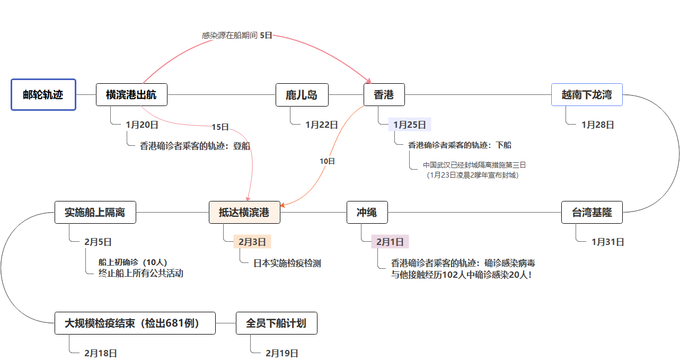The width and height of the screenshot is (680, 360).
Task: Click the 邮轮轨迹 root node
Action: [x=43, y=95]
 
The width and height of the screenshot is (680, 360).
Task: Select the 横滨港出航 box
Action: [x=132, y=95]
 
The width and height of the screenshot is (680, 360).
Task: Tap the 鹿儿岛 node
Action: [x=302, y=95]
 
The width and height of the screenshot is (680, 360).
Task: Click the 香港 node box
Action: [x=384, y=95]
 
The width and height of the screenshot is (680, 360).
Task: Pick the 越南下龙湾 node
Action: [x=587, y=95]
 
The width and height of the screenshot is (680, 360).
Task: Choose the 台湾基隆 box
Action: [x=591, y=213]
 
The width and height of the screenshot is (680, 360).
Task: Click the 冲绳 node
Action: [x=367, y=213]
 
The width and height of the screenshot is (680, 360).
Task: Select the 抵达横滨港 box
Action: [x=244, y=213]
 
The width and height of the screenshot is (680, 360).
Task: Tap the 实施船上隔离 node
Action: [x=95, y=213]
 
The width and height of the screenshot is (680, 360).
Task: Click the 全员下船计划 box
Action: [x=276, y=323]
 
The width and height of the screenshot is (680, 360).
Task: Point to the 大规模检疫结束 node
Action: [x=135, y=323]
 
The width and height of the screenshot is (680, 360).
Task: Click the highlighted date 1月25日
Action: [x=410, y=125]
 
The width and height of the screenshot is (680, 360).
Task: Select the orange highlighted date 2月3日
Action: [x=252, y=242]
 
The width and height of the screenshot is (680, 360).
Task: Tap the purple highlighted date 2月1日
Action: [x=390, y=242]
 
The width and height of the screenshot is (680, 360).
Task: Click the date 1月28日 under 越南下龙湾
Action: [x=598, y=125]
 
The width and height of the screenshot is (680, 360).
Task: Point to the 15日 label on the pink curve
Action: [x=220, y=127]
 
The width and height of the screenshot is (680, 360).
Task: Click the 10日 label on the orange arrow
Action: [x=328, y=161]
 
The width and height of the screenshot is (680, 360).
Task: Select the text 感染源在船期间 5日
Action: [x=237, y=36]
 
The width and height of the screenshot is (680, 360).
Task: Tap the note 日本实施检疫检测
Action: [x=287, y=263]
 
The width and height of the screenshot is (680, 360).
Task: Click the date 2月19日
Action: [x=282, y=353]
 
